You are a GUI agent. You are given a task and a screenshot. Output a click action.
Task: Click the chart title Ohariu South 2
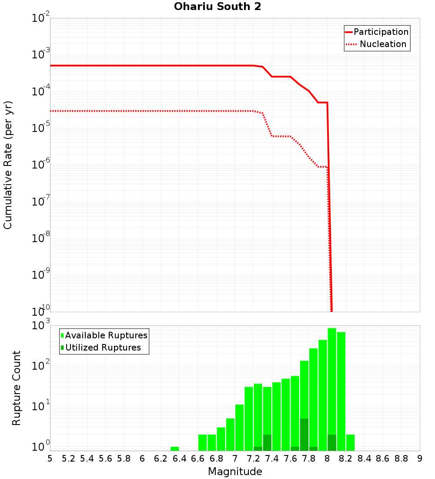point(217,7)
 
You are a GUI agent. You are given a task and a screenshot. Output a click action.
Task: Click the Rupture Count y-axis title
point(17,388)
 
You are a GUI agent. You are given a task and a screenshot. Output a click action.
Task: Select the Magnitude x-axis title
point(235,472)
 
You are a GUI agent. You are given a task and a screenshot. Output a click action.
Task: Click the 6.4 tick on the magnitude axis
point(180,459)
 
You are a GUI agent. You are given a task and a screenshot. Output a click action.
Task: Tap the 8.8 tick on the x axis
point(402,459)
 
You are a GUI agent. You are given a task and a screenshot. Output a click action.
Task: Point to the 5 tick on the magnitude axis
point(50,459)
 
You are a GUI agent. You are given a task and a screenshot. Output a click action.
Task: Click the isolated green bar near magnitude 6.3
point(175,449)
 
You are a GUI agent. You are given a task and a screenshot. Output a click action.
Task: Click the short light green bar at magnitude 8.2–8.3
point(350,442)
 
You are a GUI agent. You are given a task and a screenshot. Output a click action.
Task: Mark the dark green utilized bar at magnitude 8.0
point(332,442)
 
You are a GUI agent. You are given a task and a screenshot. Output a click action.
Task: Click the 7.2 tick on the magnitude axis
point(254,459)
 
